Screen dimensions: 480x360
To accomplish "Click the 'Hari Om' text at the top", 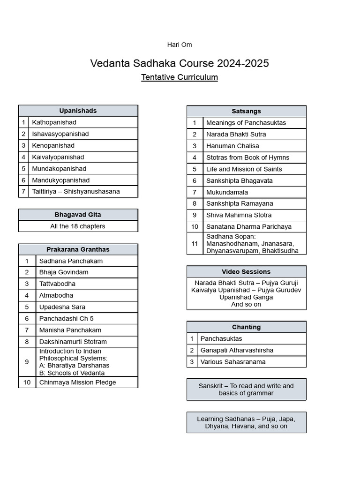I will (180, 45).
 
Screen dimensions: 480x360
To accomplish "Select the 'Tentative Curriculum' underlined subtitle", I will (180, 77).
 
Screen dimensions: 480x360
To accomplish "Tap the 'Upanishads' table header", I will (78, 111).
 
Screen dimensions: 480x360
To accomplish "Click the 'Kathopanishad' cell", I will (54, 122).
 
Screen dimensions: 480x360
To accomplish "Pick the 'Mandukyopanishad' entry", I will (60, 180).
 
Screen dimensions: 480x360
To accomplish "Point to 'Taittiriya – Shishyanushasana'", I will (76, 191).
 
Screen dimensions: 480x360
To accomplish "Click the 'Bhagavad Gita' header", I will (78, 215).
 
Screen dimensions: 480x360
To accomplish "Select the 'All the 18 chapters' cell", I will (78, 226).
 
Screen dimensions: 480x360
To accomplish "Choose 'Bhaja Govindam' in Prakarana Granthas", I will (64, 272).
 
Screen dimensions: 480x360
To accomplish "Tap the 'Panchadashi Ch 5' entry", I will (67, 318).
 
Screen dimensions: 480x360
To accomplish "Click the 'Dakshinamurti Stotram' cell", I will (73, 342).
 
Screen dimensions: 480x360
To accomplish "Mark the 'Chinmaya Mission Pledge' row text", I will (77, 382).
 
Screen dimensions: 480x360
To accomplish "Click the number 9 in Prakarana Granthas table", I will (27, 362).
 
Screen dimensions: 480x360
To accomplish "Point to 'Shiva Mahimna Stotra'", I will (239, 215).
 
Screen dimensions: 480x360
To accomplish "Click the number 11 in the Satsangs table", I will (195, 243).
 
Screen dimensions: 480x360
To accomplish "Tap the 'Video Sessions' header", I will (246, 272).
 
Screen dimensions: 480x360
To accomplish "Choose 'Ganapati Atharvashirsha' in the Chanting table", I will (237, 350).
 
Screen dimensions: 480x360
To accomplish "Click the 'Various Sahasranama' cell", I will (233, 361).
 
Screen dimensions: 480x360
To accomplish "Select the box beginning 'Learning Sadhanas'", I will (246, 422).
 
